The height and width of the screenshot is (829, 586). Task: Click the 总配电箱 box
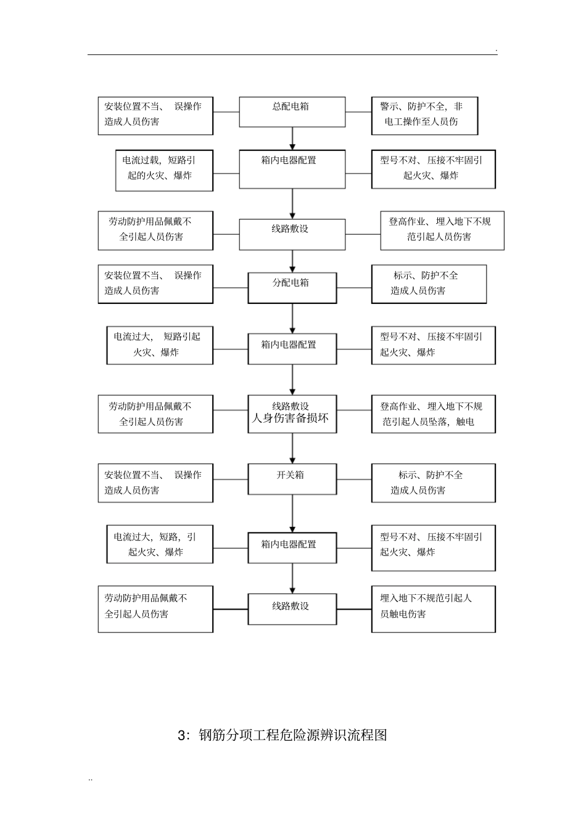click(x=292, y=112)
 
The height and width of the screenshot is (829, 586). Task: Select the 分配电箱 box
click(x=292, y=287)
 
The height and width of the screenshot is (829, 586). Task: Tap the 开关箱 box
click(x=292, y=479)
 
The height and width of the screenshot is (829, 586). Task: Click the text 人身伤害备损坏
click(x=290, y=419)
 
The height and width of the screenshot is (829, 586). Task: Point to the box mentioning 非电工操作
click(x=424, y=115)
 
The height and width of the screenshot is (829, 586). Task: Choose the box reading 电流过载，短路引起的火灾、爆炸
click(x=163, y=170)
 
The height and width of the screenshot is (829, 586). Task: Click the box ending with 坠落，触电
click(x=433, y=414)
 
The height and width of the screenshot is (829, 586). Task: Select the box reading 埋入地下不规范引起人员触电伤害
click(x=433, y=609)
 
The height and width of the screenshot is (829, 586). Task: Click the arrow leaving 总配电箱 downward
click(x=292, y=138)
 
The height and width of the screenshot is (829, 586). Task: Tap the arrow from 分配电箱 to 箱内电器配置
click(x=292, y=318)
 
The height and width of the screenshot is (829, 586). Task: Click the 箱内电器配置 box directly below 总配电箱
click(x=292, y=169)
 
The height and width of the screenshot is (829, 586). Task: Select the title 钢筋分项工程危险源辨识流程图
click(x=293, y=735)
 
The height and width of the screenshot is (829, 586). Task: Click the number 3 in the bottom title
click(x=181, y=735)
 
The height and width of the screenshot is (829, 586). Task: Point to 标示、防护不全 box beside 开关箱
click(x=433, y=483)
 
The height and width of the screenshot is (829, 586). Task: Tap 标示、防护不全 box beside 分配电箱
click(x=429, y=284)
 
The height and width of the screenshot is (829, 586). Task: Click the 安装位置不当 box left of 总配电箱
click(x=155, y=115)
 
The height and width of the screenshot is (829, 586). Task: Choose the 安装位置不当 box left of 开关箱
click(x=155, y=483)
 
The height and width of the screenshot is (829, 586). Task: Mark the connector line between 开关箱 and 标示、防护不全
click(x=354, y=480)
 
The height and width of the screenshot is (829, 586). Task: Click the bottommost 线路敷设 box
click(x=292, y=609)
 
